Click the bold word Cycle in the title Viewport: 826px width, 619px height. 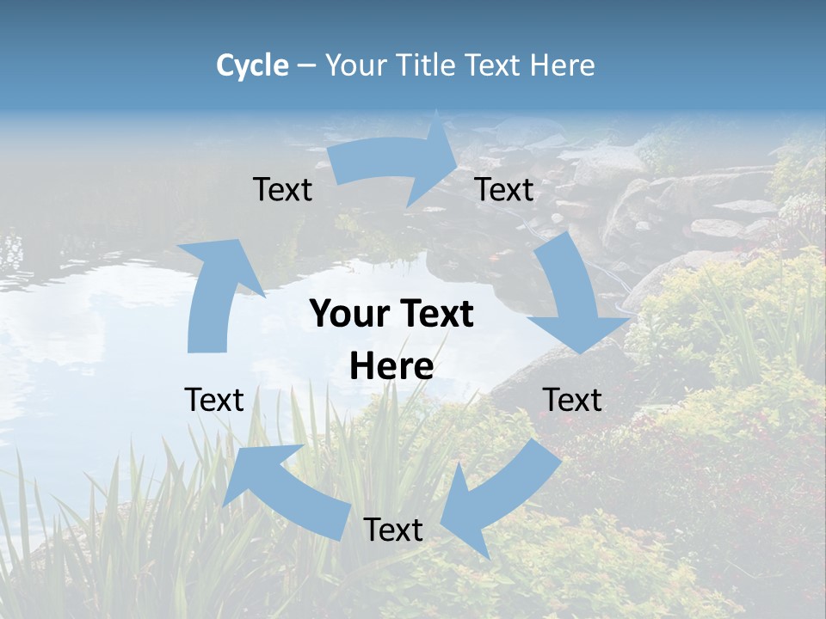click(x=252, y=65)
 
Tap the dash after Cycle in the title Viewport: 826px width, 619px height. click(x=306, y=65)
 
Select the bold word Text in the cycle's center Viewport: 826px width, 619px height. click(x=434, y=315)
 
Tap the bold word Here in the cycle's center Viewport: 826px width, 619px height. click(x=391, y=366)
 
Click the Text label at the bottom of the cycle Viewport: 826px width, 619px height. click(x=393, y=530)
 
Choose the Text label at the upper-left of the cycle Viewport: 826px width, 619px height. click(x=282, y=189)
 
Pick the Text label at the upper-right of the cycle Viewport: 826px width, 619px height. click(x=504, y=189)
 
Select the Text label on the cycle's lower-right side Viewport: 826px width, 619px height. click(x=572, y=400)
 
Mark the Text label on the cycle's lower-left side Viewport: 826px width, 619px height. click(x=214, y=400)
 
